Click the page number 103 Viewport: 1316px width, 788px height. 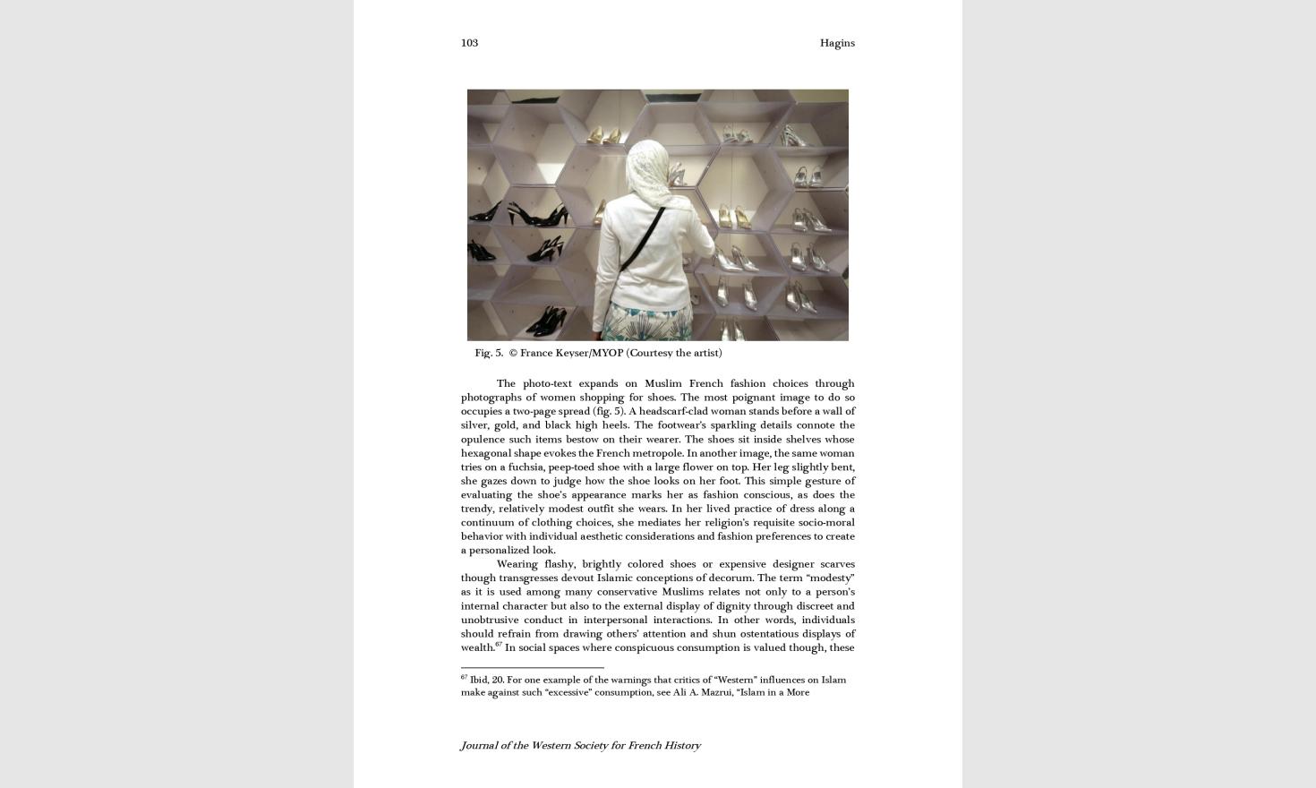click(469, 43)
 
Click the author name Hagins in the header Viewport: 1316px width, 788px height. click(837, 43)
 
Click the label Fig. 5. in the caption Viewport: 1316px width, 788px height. click(489, 353)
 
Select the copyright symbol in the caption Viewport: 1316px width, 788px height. click(513, 353)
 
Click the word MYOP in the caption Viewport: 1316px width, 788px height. click(607, 353)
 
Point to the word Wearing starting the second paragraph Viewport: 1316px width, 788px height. click(517, 564)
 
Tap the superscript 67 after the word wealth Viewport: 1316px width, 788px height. click(499, 644)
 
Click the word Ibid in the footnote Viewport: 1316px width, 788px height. click(478, 681)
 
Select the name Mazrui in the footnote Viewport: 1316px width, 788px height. click(716, 692)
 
